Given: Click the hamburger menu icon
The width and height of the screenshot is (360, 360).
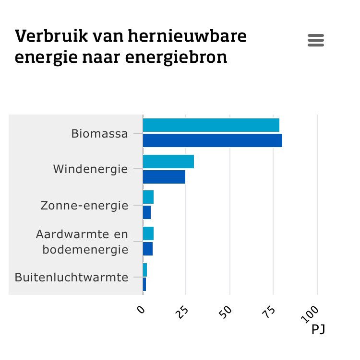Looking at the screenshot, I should pyautogui.click(x=316, y=40).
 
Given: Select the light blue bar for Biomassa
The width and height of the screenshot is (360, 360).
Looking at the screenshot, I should pyautogui.click(x=211, y=125).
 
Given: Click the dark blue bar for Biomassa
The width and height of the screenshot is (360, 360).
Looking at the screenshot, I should pyautogui.click(x=212, y=140).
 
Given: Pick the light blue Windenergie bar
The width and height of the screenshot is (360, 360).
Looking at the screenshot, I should pyautogui.click(x=168, y=162).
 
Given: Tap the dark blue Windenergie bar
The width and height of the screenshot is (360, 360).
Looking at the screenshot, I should pyautogui.click(x=164, y=177).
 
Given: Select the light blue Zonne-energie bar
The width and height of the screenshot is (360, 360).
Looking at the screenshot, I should pyautogui.click(x=148, y=197).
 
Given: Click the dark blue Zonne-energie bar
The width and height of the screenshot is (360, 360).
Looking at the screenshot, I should pyautogui.click(x=146, y=212).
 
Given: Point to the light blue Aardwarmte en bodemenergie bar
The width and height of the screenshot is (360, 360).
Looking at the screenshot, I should pyautogui.click(x=148, y=233).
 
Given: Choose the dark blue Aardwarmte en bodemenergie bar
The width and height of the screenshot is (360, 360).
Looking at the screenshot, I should pyautogui.click(x=147, y=249).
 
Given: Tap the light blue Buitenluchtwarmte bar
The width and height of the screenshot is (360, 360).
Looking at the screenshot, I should pyautogui.click(x=145, y=270).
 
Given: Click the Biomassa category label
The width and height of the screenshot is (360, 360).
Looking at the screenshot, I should pyautogui.click(x=99, y=133).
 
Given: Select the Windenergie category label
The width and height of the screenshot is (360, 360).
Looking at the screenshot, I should pyautogui.click(x=90, y=169).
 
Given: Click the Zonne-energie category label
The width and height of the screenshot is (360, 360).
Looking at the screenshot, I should pyautogui.click(x=84, y=206).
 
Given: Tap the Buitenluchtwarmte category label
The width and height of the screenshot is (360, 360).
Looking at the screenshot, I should pyautogui.click(x=72, y=277).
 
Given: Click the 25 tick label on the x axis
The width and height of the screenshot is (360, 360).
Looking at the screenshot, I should pyautogui.click(x=182, y=312).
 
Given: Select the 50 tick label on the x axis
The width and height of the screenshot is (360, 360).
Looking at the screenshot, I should pyautogui.click(x=226, y=312).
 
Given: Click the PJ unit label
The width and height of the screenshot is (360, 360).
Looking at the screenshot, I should pyautogui.click(x=318, y=330).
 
